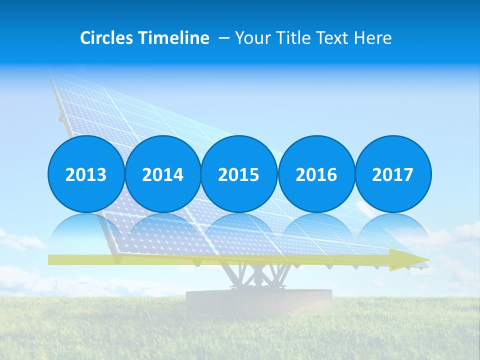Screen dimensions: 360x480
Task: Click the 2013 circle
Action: tap(86, 174)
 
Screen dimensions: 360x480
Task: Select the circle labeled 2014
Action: tap(162, 174)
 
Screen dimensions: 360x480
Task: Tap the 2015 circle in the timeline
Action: tap(239, 174)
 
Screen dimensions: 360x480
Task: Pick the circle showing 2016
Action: tap(316, 174)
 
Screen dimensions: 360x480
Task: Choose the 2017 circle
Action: tap(393, 174)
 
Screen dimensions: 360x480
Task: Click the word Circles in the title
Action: tap(106, 38)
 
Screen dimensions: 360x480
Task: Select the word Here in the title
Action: tap(372, 38)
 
